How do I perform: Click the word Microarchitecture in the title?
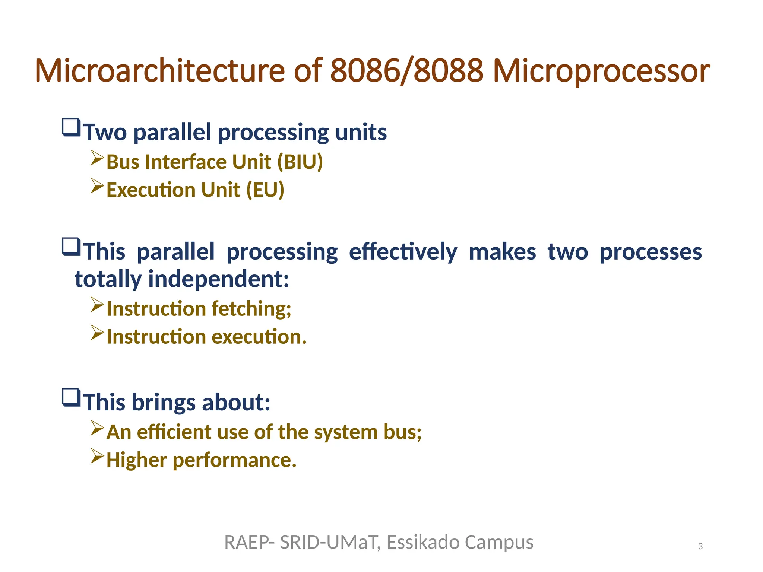(159, 71)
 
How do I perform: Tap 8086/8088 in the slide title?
(406, 71)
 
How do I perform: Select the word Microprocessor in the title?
(601, 71)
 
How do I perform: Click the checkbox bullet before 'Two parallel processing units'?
(71, 128)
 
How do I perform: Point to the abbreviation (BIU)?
(300, 162)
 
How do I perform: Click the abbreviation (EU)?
(265, 190)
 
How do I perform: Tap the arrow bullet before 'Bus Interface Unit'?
(97, 158)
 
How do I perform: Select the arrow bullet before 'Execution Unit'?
(97, 186)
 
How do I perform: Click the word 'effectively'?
(403, 252)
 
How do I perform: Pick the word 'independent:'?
(219, 279)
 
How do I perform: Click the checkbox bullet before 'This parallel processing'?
(71, 247)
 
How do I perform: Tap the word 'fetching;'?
(251, 309)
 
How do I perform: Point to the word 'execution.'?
(259, 337)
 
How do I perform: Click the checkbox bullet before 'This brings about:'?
(71, 398)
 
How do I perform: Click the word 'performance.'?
(235, 460)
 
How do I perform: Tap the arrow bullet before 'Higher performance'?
(97, 456)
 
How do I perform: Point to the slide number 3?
(700, 546)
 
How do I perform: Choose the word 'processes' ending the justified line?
(650, 252)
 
